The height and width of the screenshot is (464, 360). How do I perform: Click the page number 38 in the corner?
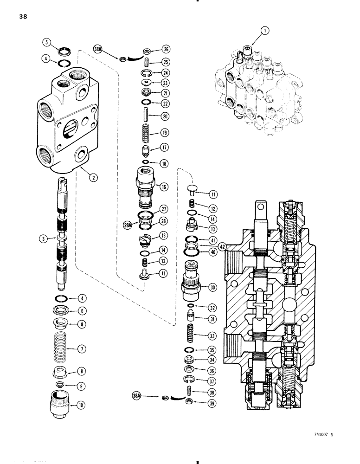tap(23, 17)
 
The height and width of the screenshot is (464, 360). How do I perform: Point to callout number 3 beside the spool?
tap(43, 238)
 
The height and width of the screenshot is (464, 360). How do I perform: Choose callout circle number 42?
tap(224, 247)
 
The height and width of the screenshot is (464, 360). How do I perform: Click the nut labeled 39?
tap(189, 400)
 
